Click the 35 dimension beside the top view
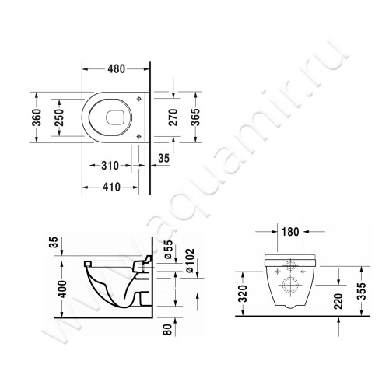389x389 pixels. tap(163, 159)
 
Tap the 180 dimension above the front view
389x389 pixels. tap(291, 231)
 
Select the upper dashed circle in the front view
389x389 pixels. tap(290, 264)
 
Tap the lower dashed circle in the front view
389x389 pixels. tap(290, 285)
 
